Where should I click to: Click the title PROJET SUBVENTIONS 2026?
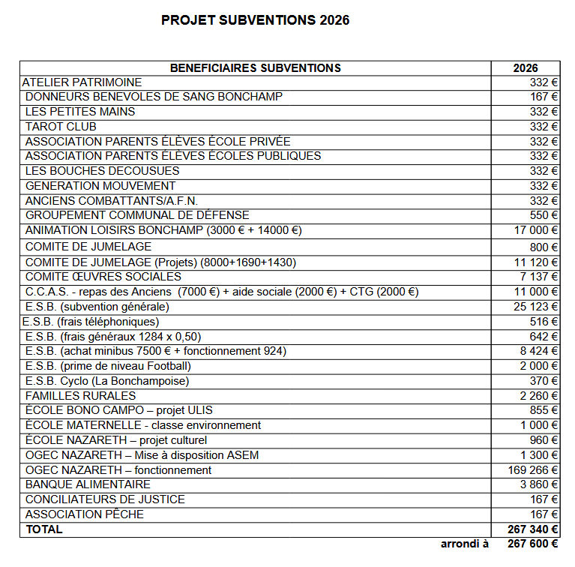(255, 20)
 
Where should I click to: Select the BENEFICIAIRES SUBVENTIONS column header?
(255, 68)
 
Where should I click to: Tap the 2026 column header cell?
(525, 68)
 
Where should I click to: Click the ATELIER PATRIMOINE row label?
(82, 82)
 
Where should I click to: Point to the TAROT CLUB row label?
(61, 127)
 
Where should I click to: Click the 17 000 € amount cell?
(536, 230)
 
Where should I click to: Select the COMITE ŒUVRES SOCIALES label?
(103, 277)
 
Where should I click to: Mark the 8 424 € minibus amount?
(539, 351)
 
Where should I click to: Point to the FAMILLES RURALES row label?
(80, 395)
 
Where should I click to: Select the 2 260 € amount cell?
(539, 396)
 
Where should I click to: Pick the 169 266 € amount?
(533, 470)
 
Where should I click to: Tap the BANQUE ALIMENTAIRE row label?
(88, 484)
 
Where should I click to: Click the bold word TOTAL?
(44, 529)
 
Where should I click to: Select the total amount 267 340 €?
(533, 529)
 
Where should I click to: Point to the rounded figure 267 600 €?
(533, 544)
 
